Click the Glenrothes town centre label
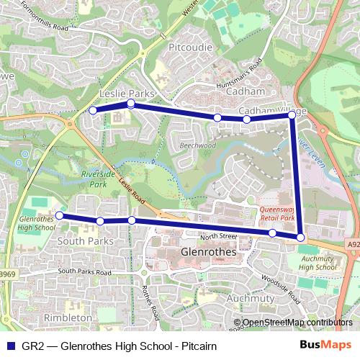click(213, 253)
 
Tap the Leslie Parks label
click(127, 94)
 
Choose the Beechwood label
click(197, 145)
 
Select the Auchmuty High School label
click(318, 262)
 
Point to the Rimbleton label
click(68, 317)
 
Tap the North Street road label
click(219, 235)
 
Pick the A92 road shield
click(352, 244)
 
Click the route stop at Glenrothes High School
click(60, 215)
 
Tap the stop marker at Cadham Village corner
click(292, 114)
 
